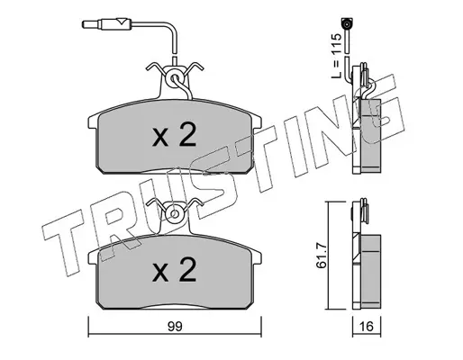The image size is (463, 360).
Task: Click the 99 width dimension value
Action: point(175,327)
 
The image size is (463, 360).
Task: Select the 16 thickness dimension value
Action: point(367,327)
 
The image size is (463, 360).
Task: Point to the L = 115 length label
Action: point(336,56)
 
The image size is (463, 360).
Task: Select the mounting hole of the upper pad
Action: point(174,78)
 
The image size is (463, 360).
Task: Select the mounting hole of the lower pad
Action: point(174,213)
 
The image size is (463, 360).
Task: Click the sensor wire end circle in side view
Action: point(347,23)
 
